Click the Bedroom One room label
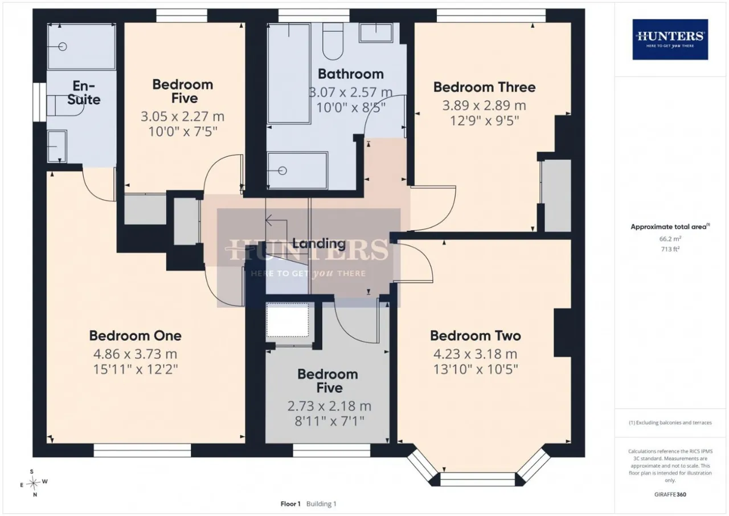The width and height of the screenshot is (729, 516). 136,336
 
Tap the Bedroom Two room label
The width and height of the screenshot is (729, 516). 476,336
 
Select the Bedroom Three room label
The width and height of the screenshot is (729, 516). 484,87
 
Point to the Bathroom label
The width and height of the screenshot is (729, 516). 350,74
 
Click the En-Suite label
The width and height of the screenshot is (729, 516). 84,93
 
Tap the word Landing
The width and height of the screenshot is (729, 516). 319,243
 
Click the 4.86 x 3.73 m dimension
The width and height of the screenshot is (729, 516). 136,354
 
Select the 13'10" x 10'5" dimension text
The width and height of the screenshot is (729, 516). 476,369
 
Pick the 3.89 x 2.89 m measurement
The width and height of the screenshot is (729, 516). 484,105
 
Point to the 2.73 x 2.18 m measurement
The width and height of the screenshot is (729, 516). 329,406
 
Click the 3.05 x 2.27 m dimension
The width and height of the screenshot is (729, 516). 183,116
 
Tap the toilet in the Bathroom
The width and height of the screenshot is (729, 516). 333,41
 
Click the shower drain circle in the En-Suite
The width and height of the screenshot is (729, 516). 63,47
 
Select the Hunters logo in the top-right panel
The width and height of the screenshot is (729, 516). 670,39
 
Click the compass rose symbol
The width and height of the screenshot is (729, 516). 33,483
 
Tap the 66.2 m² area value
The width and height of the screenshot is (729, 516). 670,239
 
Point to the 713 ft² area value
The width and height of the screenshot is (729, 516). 670,249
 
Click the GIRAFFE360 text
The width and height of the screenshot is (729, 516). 670,494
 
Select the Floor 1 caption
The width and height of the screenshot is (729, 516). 290,504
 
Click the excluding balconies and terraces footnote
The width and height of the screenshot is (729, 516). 670,423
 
